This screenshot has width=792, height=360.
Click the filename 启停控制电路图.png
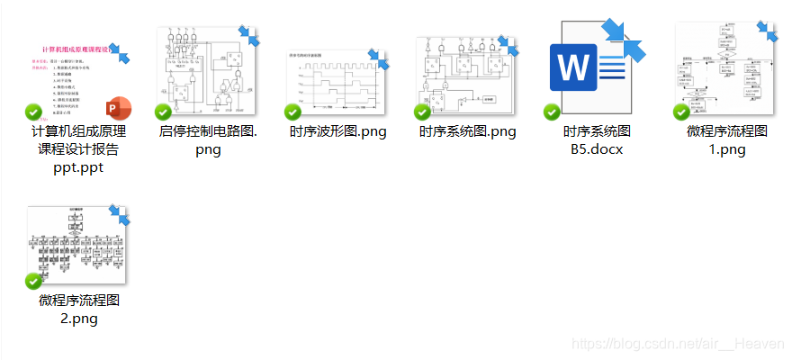tap(208, 140)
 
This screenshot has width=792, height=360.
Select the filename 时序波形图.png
tap(337, 131)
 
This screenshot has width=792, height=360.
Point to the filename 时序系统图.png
tap(467, 131)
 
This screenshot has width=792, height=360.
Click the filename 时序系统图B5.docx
tap(597, 140)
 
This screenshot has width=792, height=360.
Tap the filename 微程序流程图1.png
tap(726, 140)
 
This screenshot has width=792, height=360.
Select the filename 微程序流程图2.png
tap(78, 309)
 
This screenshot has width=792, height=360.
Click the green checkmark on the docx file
tap(552, 112)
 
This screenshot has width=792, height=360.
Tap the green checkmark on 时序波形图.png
tap(292, 112)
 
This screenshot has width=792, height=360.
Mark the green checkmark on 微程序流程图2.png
tap(33, 281)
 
